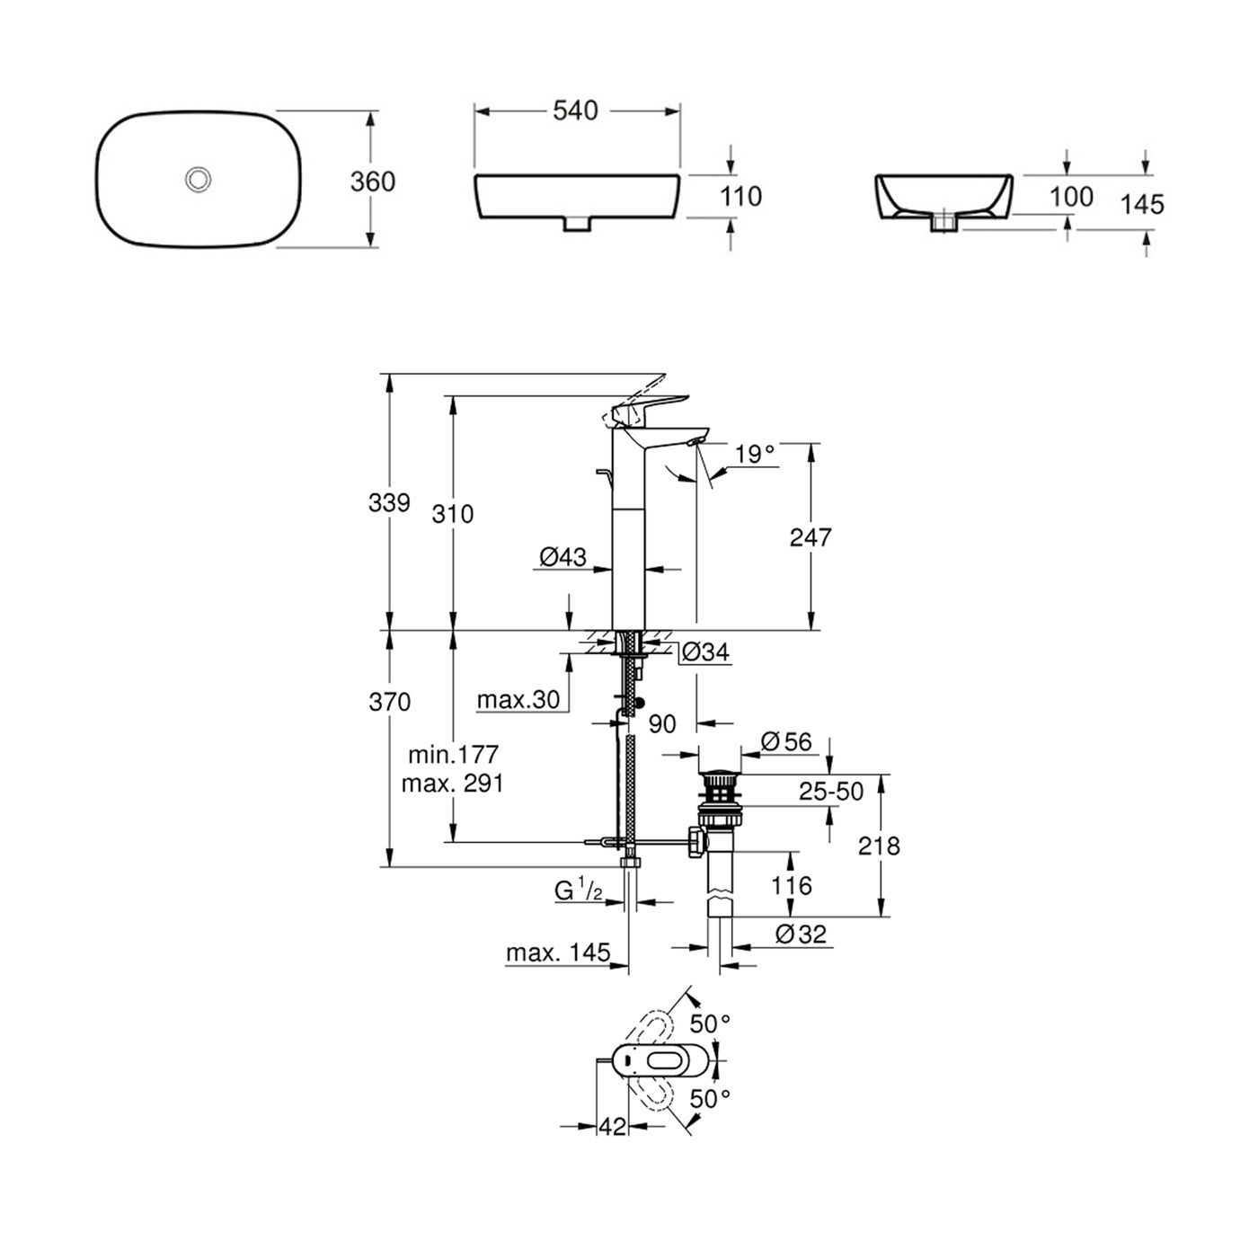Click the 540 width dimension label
[x=575, y=111]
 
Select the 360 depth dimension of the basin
[x=372, y=182]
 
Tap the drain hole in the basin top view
[x=198, y=180]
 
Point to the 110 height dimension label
[x=741, y=196]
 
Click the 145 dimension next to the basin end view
[x=1142, y=204]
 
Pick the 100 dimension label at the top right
[x=1071, y=197]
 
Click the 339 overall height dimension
[x=389, y=502]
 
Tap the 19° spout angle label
[x=754, y=454]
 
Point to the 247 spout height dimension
[x=811, y=537]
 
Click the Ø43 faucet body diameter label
[x=563, y=558]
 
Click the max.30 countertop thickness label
[x=518, y=700]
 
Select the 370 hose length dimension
[x=389, y=701]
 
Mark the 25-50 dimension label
[x=831, y=791]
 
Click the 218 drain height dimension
[x=879, y=846]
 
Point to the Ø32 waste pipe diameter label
[x=800, y=935]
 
